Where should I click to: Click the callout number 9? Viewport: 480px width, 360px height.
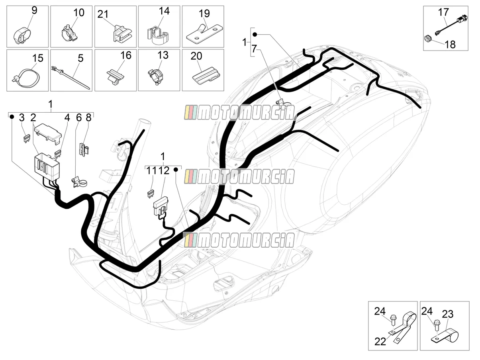coord(34,10)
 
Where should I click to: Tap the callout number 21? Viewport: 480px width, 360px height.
coord(103,14)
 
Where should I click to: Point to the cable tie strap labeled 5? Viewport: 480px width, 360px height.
coord(70,76)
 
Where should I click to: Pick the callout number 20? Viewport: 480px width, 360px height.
coord(196,56)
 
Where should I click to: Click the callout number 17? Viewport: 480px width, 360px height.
coord(443,12)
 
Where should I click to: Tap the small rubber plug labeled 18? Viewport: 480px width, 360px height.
coord(428,39)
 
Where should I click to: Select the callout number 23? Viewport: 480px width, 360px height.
coord(448,314)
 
